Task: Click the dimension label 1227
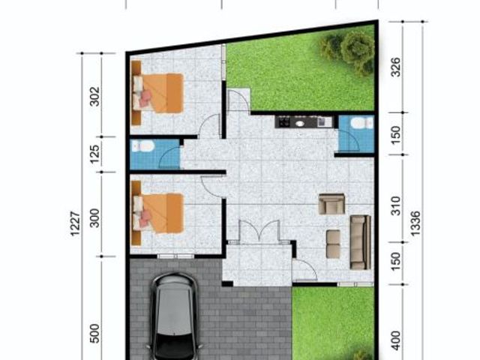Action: click(x=75, y=223)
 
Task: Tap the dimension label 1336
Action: click(x=415, y=223)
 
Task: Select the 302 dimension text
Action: click(x=95, y=97)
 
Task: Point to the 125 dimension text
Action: click(x=95, y=154)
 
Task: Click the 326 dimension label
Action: click(x=396, y=67)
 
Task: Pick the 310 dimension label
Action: click(x=396, y=205)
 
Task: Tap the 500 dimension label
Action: click(x=95, y=333)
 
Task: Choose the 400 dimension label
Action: click(x=396, y=340)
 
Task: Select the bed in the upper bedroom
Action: click(x=158, y=93)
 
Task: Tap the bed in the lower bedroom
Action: click(x=158, y=213)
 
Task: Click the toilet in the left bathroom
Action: click(x=142, y=146)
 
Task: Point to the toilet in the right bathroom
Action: click(x=361, y=123)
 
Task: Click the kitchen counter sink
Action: click(x=300, y=123)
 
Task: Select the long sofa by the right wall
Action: click(x=361, y=242)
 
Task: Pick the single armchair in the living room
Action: click(x=331, y=203)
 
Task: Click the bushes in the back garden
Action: click(x=348, y=51)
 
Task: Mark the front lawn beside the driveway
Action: click(x=333, y=323)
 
